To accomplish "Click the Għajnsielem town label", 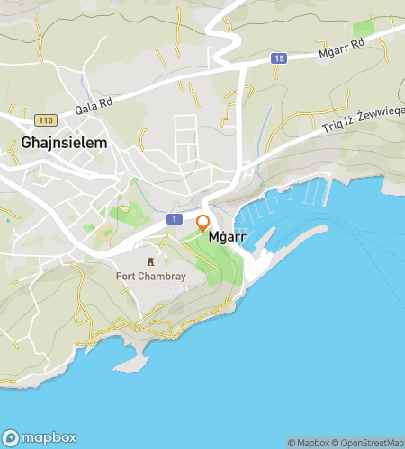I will [x=64, y=142].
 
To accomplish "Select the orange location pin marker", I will [x=203, y=224].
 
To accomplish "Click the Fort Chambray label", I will [x=150, y=277].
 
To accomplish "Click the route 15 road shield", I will [x=280, y=58].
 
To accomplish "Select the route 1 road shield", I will [x=170, y=219].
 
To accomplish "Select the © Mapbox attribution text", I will [x=308, y=442].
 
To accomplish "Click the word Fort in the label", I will [x=126, y=277].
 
